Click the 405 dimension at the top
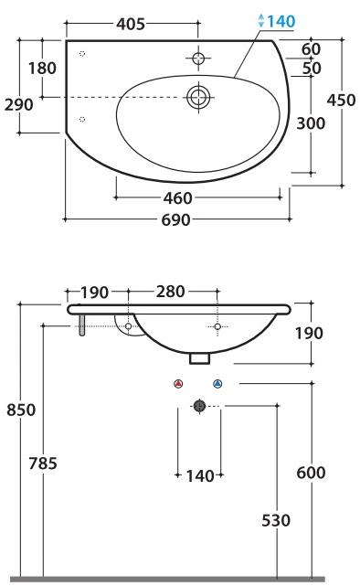(x=131, y=25)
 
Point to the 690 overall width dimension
(x=175, y=219)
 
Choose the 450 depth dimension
(x=341, y=101)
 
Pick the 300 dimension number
(x=311, y=123)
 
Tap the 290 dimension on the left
(x=18, y=104)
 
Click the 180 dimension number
(x=42, y=68)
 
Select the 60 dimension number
(x=311, y=48)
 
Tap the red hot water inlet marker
(x=179, y=384)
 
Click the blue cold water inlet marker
(x=217, y=384)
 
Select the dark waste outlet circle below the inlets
(x=198, y=406)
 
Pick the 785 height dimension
(x=42, y=464)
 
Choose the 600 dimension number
(x=312, y=473)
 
